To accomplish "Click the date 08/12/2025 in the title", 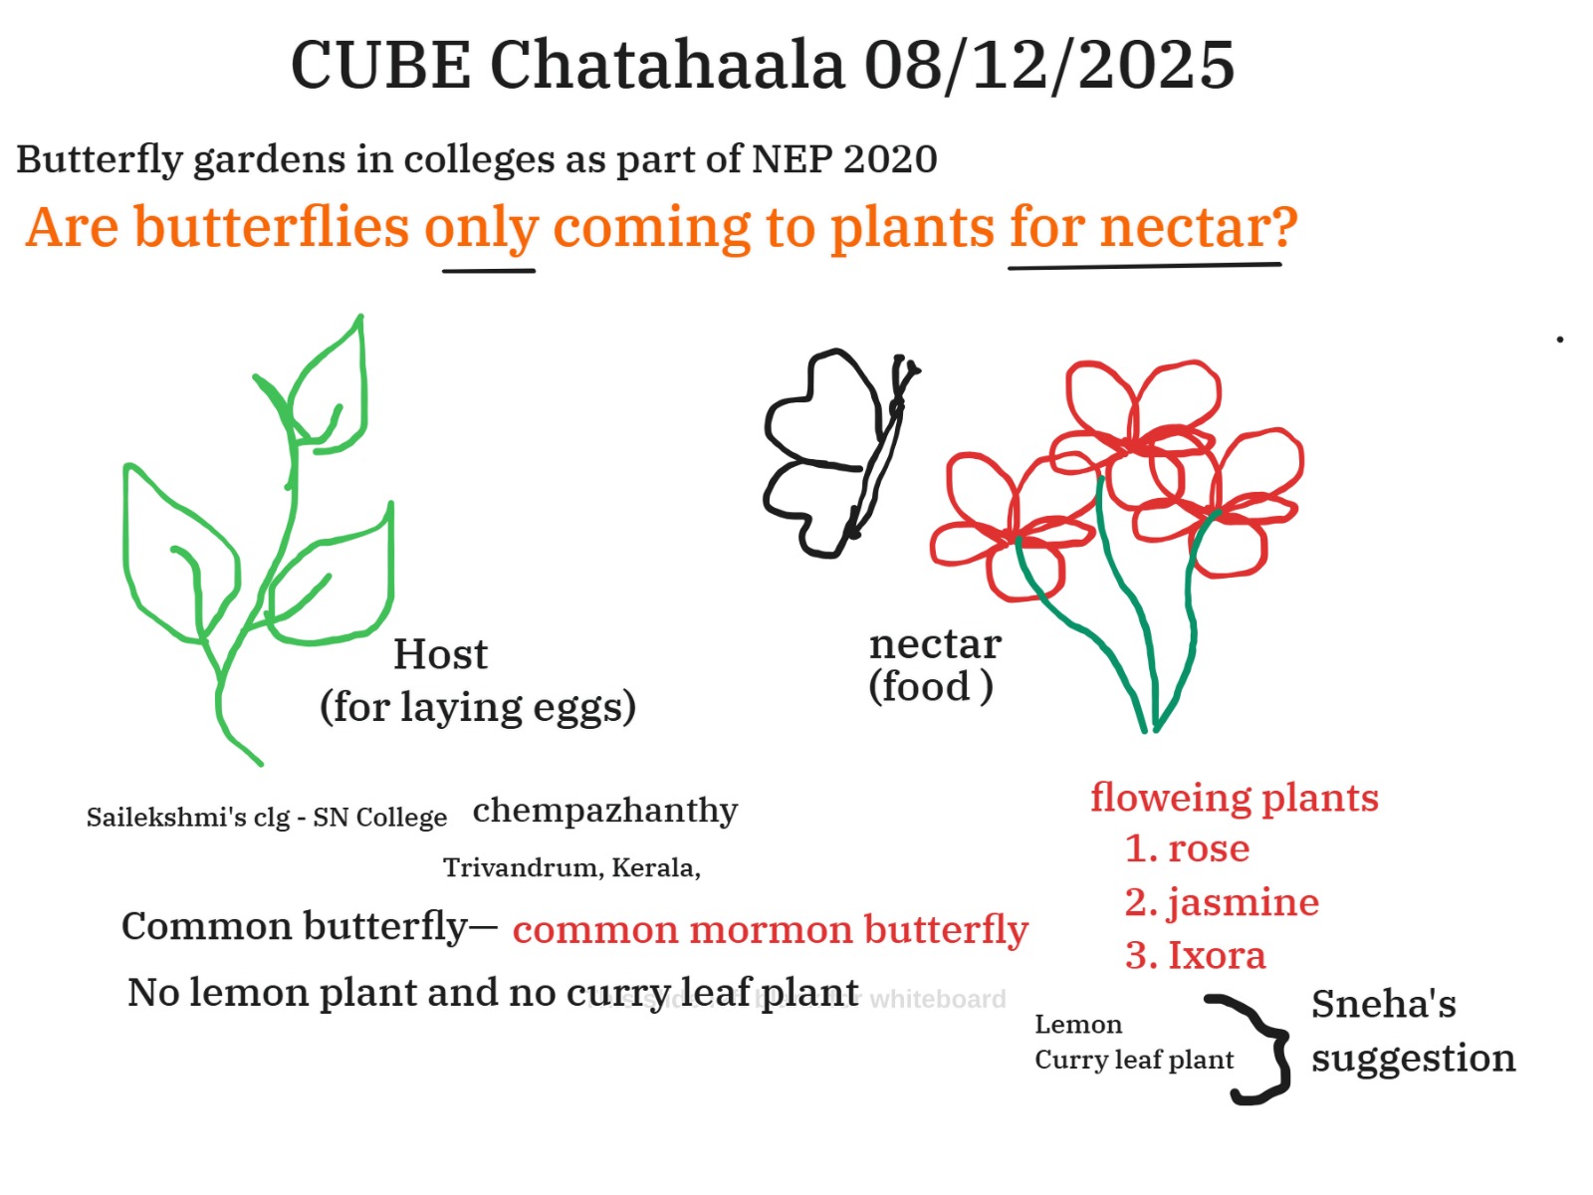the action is [x=1048, y=66].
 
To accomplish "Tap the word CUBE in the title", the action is [x=381, y=66].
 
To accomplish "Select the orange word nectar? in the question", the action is [x=1198, y=227].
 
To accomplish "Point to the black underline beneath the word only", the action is [x=489, y=271].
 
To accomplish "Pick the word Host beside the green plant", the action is [x=440, y=653].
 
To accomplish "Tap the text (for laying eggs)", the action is [x=478, y=707].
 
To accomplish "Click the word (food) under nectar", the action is [x=930, y=686].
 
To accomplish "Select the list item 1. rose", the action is [x=1187, y=848].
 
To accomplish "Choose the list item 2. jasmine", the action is [x=1222, y=903].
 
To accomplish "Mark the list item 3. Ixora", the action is [x=1196, y=955].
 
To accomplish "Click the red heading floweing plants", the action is [x=1234, y=798].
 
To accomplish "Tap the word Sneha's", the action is [x=1383, y=1004].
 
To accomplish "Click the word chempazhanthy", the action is [x=604, y=812].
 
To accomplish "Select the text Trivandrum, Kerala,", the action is [x=571, y=867].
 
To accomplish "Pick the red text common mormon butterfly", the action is [x=770, y=929].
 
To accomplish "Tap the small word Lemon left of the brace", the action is [x=1078, y=1025].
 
